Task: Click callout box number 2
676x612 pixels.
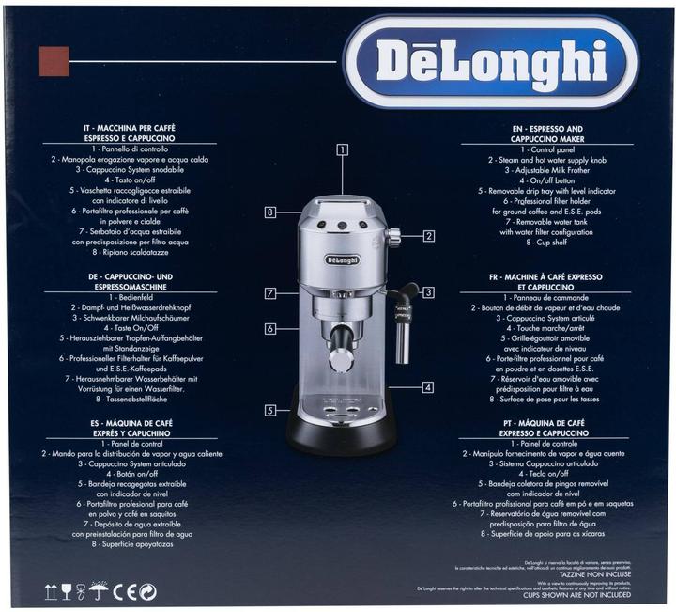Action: [x=428, y=235]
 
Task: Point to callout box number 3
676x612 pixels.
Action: [x=427, y=292]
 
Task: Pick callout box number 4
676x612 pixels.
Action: [x=428, y=386]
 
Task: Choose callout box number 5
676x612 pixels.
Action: [x=270, y=410]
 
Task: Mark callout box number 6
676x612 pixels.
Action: [x=269, y=329]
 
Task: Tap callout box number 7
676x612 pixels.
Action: [x=269, y=293]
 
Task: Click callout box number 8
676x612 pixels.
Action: [x=269, y=212]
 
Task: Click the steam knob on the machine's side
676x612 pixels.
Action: [x=393, y=236]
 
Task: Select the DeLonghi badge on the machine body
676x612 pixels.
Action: [x=341, y=259]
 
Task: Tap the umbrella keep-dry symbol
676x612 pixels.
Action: [x=98, y=590]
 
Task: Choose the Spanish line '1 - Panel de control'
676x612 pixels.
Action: [x=130, y=442]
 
